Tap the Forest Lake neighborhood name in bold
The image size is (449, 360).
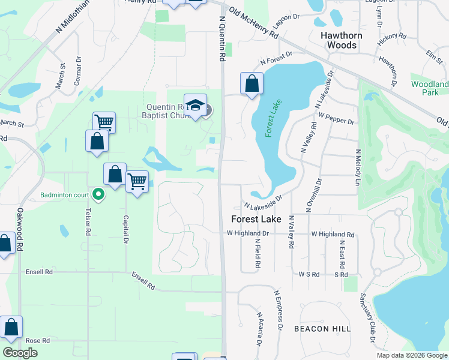257,220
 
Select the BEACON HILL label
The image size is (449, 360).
322,329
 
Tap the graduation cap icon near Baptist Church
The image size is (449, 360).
195,106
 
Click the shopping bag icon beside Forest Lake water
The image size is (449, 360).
252,84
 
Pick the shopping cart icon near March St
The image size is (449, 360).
104,123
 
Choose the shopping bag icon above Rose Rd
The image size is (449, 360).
11,328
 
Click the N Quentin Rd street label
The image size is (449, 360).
222,39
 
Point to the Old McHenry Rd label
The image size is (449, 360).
255,25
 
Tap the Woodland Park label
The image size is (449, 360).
429,88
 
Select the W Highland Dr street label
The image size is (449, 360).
247,233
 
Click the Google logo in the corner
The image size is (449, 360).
20,353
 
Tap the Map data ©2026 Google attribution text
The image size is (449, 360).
412,355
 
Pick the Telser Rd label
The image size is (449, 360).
88,222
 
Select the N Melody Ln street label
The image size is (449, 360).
358,168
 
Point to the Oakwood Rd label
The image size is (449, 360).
20,229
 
